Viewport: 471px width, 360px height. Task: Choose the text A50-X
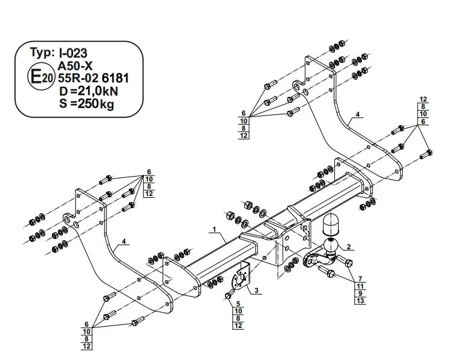point(77,66)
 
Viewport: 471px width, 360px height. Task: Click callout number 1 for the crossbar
point(214,229)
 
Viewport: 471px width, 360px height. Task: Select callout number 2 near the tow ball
point(349,247)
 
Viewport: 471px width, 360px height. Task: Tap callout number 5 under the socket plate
point(238,303)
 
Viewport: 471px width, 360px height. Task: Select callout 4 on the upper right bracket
point(357,114)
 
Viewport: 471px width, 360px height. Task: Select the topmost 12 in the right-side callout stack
point(423,99)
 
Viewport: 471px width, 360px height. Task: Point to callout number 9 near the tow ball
point(360,293)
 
